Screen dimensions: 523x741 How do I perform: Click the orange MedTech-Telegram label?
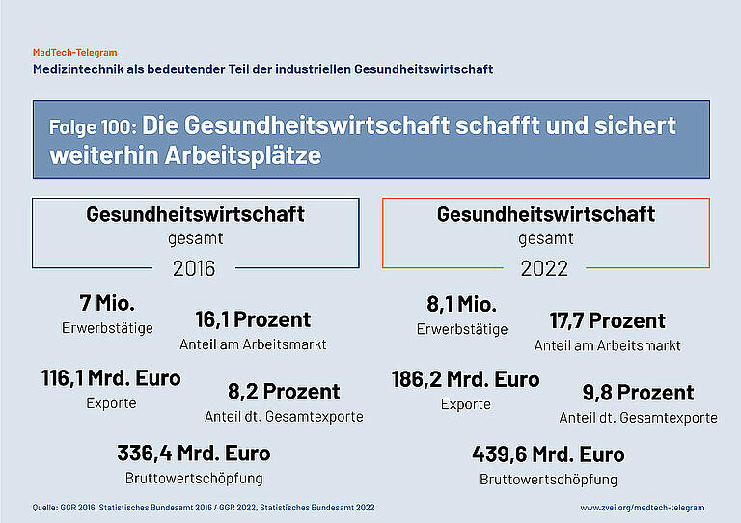coord(75,53)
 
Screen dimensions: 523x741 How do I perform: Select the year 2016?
coord(194,268)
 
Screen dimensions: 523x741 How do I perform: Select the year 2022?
coord(544,268)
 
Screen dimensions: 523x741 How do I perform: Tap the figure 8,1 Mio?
coord(462,305)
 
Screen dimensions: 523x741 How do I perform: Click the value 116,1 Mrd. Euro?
coord(111,378)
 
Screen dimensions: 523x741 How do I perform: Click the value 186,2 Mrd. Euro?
coord(465,379)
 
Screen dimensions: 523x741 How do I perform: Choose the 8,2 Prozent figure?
coord(284,392)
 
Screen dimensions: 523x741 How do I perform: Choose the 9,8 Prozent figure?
coord(638,393)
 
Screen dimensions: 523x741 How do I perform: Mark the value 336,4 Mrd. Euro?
coord(194,453)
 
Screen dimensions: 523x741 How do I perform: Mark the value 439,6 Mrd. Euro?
coord(548,454)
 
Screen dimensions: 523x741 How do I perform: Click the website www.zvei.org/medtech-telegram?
coord(643,507)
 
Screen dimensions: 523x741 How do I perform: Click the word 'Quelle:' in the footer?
coord(45,507)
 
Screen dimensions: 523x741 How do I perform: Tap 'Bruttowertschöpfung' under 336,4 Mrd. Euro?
coord(194,478)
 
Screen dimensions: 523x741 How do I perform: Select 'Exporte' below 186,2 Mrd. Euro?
coord(466,404)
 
